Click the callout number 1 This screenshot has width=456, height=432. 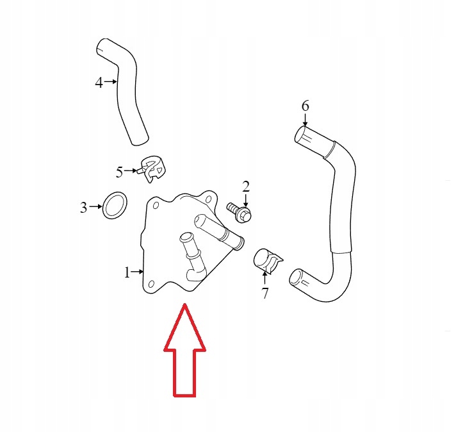point(127,272)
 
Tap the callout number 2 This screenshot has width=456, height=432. point(246,187)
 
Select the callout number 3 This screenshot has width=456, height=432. point(83,208)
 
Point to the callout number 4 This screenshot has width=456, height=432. point(99,82)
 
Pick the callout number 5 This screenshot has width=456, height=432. point(119,172)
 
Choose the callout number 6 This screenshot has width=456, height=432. point(305,105)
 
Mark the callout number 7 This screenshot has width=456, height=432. point(265,294)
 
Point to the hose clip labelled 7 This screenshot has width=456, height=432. point(268,260)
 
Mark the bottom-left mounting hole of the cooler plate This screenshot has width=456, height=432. point(151,282)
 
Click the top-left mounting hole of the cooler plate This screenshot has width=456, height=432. point(154,204)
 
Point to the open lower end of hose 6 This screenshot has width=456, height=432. point(294,277)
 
